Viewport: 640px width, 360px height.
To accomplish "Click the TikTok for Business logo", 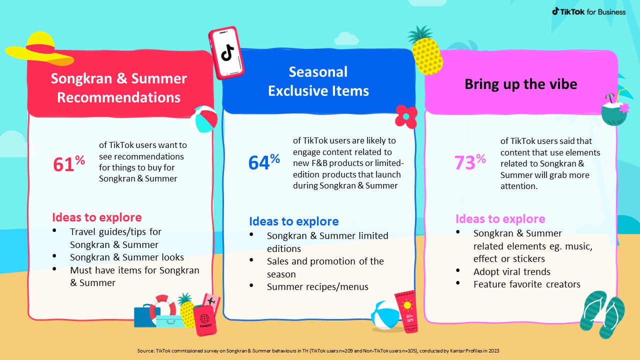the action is tap(588, 11).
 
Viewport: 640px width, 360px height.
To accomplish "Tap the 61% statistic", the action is tap(69, 163).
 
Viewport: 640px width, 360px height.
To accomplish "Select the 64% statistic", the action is tap(264, 162).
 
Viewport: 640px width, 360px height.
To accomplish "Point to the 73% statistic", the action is tap(470, 162).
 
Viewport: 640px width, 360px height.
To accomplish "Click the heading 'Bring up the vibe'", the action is tap(520, 84).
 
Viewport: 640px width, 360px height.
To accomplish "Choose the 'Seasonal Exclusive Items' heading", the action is tap(318, 81).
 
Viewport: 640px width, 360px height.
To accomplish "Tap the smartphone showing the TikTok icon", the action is tap(226, 53).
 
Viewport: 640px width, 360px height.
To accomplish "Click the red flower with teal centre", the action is tap(406, 116).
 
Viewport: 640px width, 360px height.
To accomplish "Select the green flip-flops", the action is tap(602, 314).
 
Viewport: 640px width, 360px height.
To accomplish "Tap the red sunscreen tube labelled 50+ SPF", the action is tap(407, 311).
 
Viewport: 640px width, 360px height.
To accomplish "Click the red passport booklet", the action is tap(205, 320).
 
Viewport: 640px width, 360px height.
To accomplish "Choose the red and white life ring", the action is tap(163, 307).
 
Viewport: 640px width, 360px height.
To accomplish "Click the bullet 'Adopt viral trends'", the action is tap(511, 271).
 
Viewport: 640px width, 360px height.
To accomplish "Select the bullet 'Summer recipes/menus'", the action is tap(317, 286).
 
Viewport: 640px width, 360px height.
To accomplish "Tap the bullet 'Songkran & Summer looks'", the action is tap(127, 257).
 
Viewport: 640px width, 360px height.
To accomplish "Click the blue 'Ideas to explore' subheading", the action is tap(293, 221).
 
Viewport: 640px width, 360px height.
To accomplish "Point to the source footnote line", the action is tap(318, 350).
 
